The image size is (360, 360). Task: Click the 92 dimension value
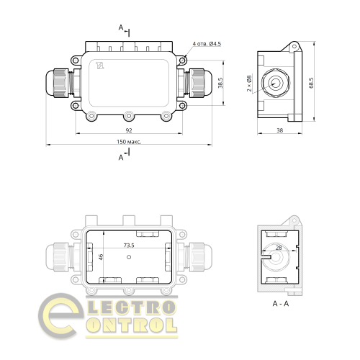point(128,130)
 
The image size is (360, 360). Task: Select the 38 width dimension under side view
point(279,131)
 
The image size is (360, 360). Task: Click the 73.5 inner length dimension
point(130,246)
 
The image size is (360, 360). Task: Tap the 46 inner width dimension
point(102,257)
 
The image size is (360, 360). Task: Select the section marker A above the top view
point(121,28)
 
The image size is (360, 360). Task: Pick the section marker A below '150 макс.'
point(121,156)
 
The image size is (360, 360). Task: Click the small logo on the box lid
point(100,66)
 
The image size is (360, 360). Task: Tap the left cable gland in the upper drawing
point(60,84)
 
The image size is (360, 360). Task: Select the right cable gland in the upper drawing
point(198,84)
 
